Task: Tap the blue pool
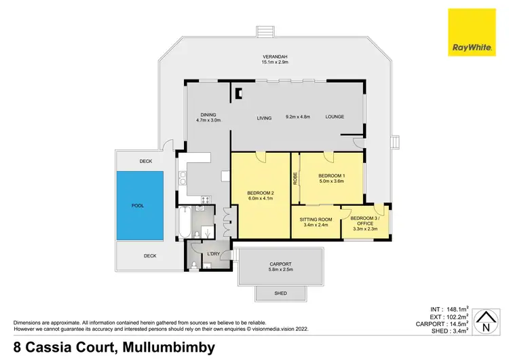(x=140, y=205)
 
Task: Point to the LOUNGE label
(x=335, y=117)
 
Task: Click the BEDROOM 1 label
(x=332, y=177)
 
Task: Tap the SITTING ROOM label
(x=316, y=219)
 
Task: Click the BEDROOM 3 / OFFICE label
(x=366, y=219)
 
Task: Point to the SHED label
(x=280, y=293)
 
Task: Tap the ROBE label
(x=295, y=179)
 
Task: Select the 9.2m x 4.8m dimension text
(x=297, y=117)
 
